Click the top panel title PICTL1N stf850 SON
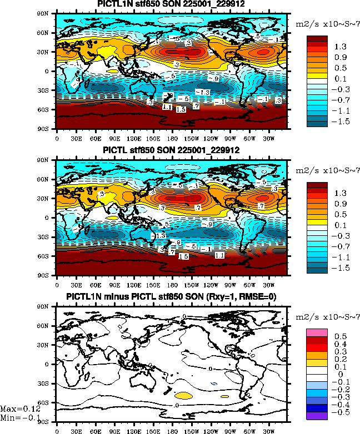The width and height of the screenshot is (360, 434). [x=172, y=4]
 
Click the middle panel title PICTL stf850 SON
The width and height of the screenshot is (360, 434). [x=172, y=150]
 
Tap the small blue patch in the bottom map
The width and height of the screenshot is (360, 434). [x=213, y=384]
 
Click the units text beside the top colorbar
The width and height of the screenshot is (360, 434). [x=326, y=25]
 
